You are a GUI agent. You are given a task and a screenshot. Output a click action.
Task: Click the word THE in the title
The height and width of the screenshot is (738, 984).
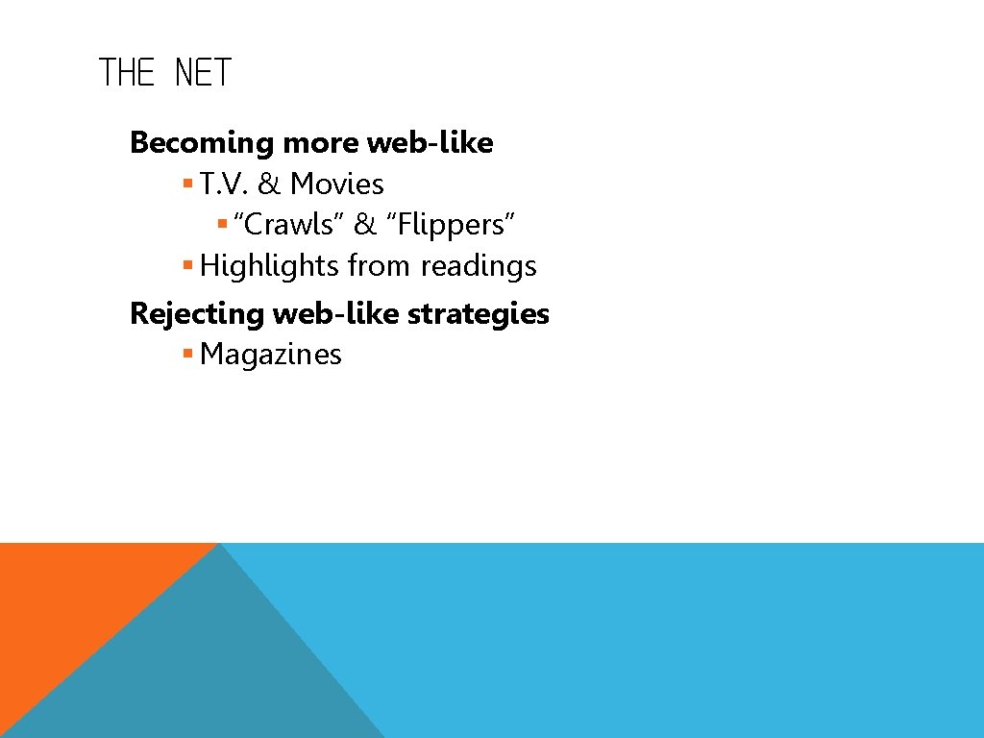126,73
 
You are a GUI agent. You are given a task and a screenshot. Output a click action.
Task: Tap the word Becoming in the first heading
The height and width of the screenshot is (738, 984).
202,143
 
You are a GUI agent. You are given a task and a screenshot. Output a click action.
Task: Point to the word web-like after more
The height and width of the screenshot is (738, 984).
430,143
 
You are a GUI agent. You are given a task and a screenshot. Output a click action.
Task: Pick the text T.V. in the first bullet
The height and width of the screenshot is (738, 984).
224,184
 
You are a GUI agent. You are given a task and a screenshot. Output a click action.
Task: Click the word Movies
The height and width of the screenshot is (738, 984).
337,184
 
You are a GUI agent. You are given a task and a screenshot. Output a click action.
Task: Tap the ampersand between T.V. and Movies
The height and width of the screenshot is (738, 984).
269,184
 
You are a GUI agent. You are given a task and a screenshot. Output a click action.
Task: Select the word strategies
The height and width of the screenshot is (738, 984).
489,313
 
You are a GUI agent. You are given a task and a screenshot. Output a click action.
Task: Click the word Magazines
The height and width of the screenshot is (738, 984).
271,355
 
